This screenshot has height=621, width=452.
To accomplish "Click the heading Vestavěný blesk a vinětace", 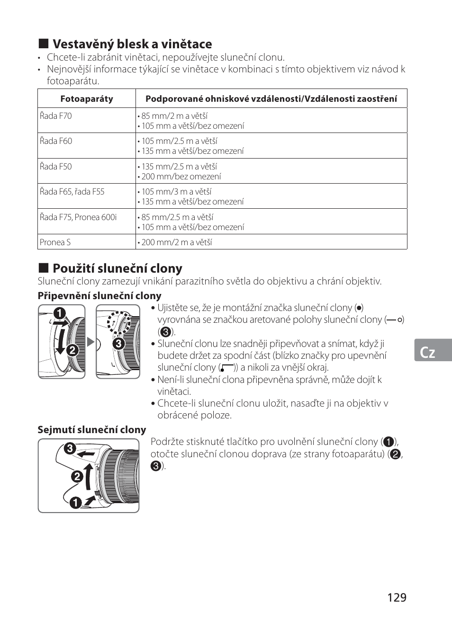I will (132, 44).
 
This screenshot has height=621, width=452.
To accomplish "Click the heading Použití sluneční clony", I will (117, 268).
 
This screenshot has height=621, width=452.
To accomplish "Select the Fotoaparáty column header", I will (87, 99).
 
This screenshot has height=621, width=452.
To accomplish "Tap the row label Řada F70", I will (56, 116).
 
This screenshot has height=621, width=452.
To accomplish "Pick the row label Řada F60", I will (56, 141).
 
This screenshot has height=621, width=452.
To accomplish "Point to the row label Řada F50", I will (56, 167).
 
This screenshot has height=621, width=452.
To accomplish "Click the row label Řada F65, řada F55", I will (72, 192).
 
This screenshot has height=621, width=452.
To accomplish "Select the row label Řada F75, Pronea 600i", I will (78, 217).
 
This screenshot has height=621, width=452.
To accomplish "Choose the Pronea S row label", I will (55, 242).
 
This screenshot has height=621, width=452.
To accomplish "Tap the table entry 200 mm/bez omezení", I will (181, 177).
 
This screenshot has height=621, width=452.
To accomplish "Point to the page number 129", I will (397, 597).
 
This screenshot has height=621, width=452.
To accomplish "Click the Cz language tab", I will (428, 352).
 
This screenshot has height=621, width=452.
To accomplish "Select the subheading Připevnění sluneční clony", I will (99, 296).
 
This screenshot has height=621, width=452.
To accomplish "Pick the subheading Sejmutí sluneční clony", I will (92, 430).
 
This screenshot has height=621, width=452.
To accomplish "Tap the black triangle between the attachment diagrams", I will (90, 341).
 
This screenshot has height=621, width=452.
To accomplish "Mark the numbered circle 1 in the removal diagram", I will (75, 503).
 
